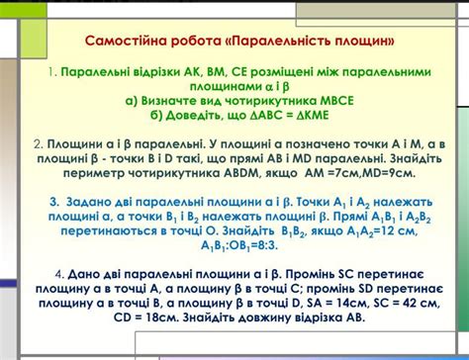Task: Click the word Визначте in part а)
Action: [169, 101]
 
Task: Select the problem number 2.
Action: [39, 144]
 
